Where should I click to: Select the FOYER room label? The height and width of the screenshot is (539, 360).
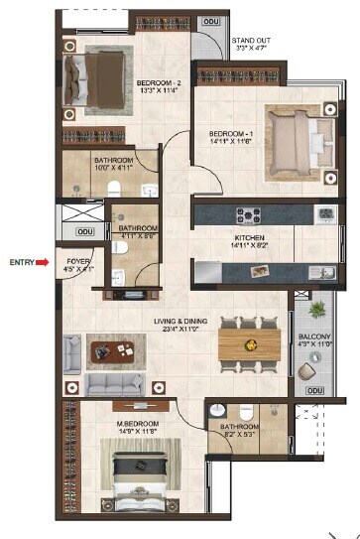[x=68, y=259]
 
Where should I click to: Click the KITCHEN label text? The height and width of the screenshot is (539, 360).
[x=249, y=239]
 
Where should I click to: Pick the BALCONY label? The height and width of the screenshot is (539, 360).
[x=315, y=337]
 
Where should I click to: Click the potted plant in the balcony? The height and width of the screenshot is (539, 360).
[x=317, y=311]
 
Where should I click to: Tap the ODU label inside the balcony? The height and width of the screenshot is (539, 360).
[x=314, y=391]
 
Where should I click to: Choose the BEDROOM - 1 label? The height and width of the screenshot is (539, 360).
[x=232, y=133]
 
